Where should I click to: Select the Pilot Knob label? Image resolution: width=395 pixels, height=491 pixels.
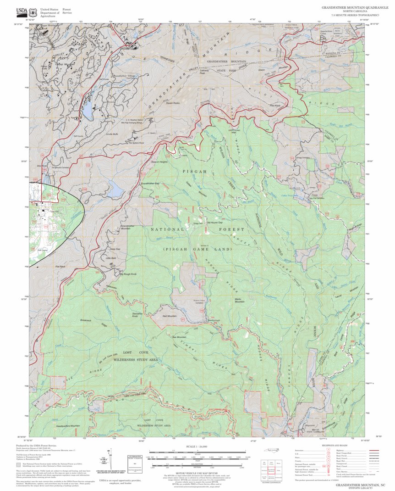click(275, 106)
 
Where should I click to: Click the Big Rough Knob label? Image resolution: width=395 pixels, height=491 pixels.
click(128, 274)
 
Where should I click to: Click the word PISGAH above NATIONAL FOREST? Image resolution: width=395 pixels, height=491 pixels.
click(194, 171)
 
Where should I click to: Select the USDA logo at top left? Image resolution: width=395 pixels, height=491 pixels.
click(22, 11)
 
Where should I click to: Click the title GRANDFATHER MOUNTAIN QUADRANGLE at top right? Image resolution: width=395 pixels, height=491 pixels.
click(351, 8)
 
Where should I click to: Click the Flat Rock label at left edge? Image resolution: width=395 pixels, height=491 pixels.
click(60, 266)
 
